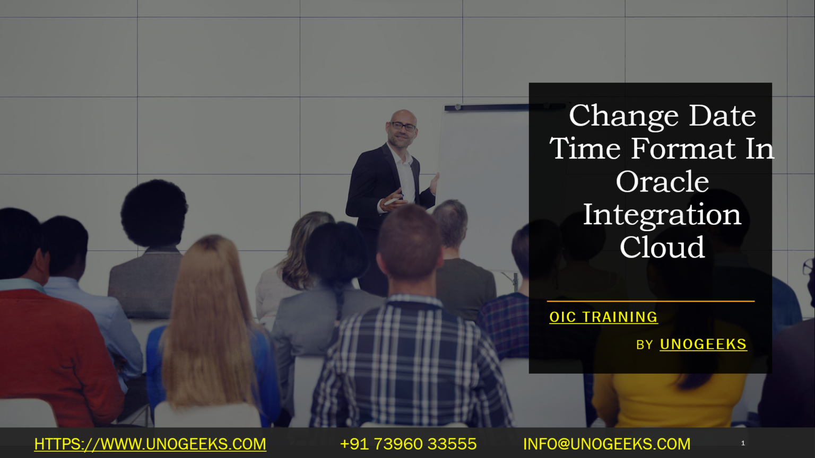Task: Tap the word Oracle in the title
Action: pos(662,182)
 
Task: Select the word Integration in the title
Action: pos(662,215)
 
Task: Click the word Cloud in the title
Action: pos(662,248)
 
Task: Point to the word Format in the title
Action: pos(683,148)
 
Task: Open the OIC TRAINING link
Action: pos(603,317)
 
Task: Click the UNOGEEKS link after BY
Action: pos(703,345)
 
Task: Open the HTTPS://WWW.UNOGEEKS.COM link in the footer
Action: pos(150,444)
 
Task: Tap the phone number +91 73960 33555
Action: pos(408,444)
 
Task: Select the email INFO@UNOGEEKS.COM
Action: pos(606,444)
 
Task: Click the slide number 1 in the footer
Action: pos(743,443)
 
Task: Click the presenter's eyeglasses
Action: pos(403,126)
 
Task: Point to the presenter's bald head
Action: pos(403,115)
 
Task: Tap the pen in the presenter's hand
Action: pos(392,201)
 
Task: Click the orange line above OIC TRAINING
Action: pos(651,301)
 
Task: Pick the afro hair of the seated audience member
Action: pos(154,212)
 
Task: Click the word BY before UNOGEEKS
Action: pos(644,345)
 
